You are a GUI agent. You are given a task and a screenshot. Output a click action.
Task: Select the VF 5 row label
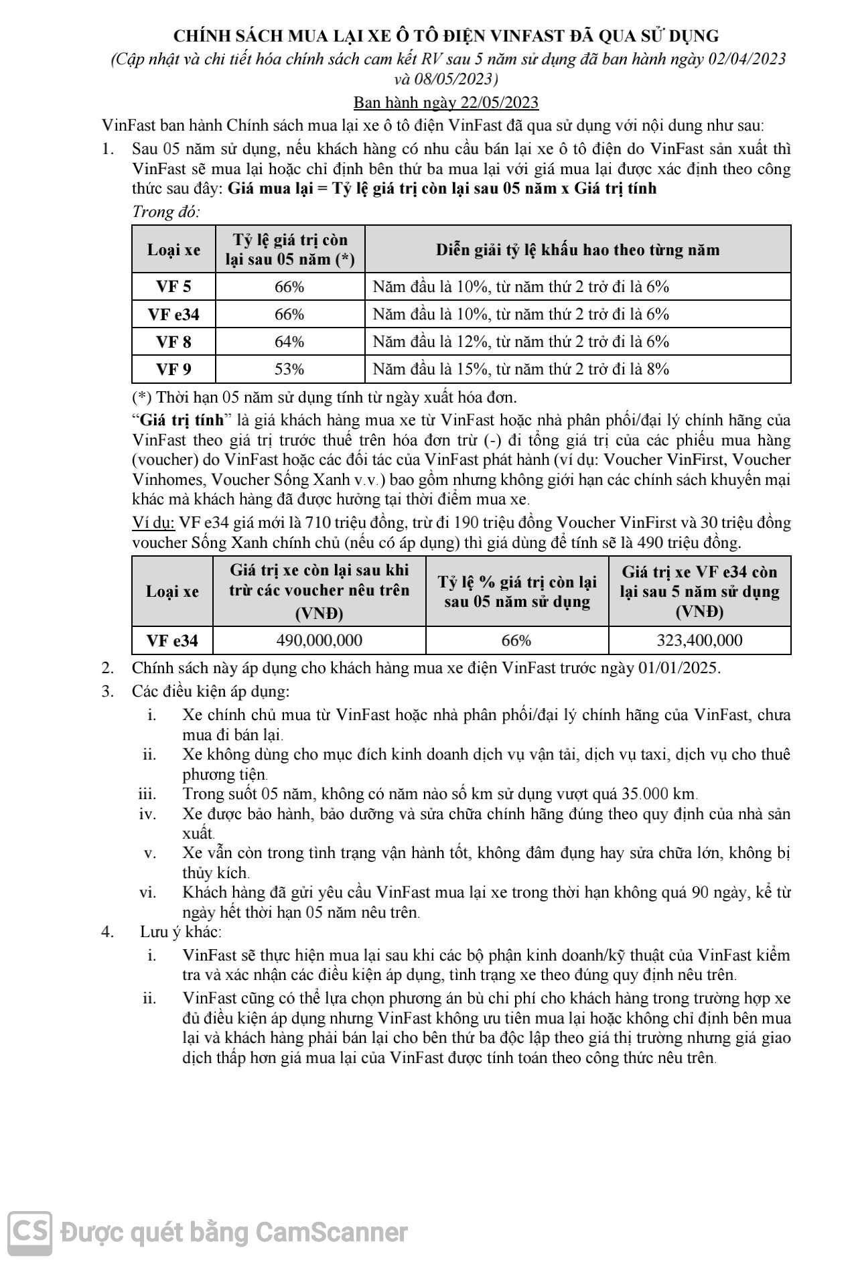(x=173, y=287)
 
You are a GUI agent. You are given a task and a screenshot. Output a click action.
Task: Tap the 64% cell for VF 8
(x=289, y=342)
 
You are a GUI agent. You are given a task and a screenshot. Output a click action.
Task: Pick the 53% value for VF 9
(x=289, y=369)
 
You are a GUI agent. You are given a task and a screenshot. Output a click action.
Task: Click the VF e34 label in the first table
(x=173, y=314)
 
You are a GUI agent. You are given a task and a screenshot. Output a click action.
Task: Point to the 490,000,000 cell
(x=319, y=640)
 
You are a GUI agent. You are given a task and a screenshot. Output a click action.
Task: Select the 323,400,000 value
(x=699, y=640)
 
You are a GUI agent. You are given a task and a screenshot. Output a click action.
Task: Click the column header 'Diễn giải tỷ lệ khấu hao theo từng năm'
(x=577, y=250)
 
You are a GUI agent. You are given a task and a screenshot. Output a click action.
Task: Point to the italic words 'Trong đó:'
(x=166, y=212)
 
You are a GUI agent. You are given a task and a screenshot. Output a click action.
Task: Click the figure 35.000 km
(x=659, y=794)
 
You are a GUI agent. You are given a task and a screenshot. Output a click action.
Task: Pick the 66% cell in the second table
(x=516, y=640)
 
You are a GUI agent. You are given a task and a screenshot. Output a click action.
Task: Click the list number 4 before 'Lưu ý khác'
(x=106, y=932)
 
